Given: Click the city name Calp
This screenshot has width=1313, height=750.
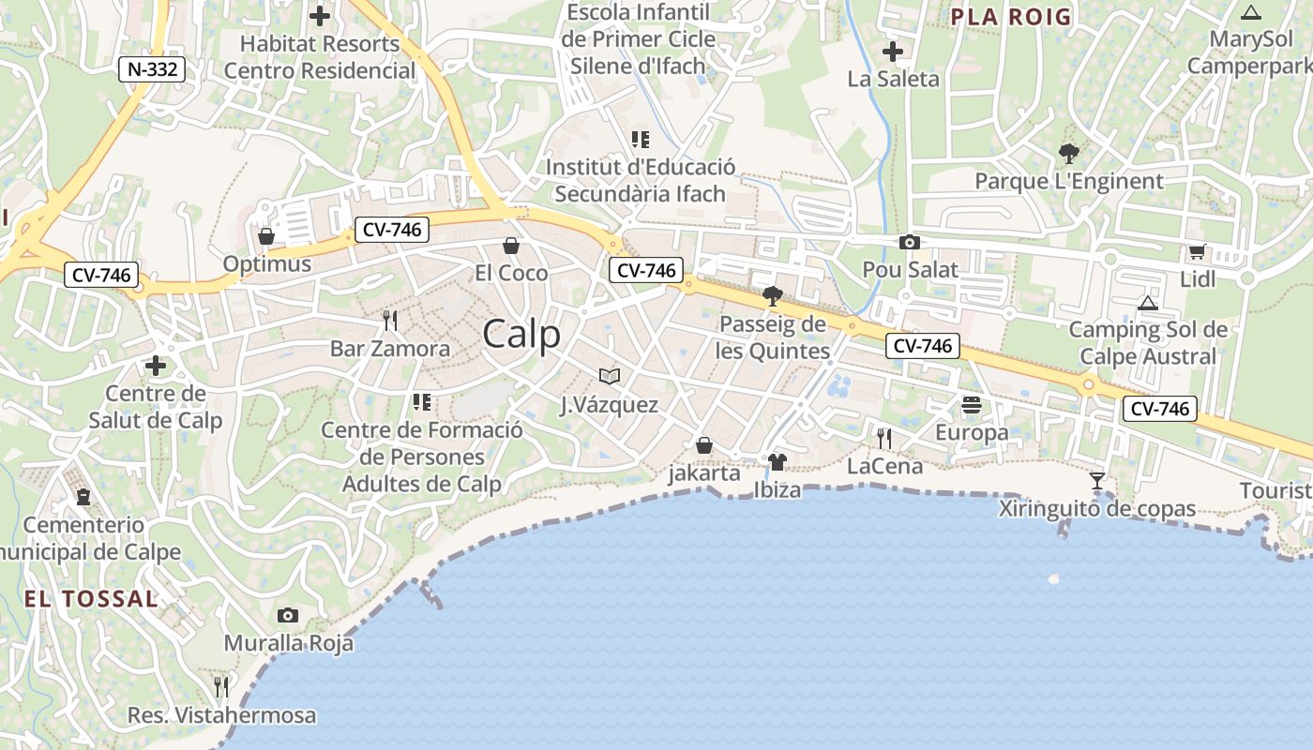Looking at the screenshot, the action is [x=521, y=334].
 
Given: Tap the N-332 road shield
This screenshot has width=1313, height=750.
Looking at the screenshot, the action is [x=151, y=68].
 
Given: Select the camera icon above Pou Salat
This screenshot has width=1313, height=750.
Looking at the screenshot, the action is [x=909, y=243].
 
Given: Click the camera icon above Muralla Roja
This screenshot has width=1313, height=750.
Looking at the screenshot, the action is [x=288, y=616].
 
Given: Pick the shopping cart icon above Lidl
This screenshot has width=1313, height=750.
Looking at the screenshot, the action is [x=1197, y=252].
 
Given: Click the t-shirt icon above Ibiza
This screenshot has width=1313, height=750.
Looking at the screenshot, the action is [x=777, y=462].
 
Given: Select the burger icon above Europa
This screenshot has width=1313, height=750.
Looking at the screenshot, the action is [x=971, y=405].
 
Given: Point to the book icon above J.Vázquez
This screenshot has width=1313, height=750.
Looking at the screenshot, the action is [x=610, y=377].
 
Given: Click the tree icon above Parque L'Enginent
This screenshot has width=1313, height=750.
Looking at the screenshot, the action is [x=1068, y=154].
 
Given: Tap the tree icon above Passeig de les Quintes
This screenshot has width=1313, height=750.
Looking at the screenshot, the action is [x=773, y=297].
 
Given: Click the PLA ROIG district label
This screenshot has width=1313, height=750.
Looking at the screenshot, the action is [x=1010, y=16].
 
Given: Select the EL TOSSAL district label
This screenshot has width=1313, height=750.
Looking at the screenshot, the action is [x=91, y=599].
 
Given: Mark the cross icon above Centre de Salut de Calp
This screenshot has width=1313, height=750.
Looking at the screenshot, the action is [x=156, y=366].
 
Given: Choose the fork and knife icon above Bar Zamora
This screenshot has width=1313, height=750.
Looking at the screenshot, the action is [x=390, y=322].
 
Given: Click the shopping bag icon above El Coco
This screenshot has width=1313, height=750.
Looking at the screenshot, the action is [x=511, y=246].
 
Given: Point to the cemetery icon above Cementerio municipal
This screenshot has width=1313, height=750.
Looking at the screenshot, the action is [x=83, y=497].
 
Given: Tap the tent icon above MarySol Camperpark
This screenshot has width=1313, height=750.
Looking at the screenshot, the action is [x=1250, y=12].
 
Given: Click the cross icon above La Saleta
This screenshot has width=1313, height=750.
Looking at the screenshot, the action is [x=893, y=51].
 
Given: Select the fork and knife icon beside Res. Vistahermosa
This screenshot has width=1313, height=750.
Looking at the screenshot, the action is [x=221, y=687].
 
